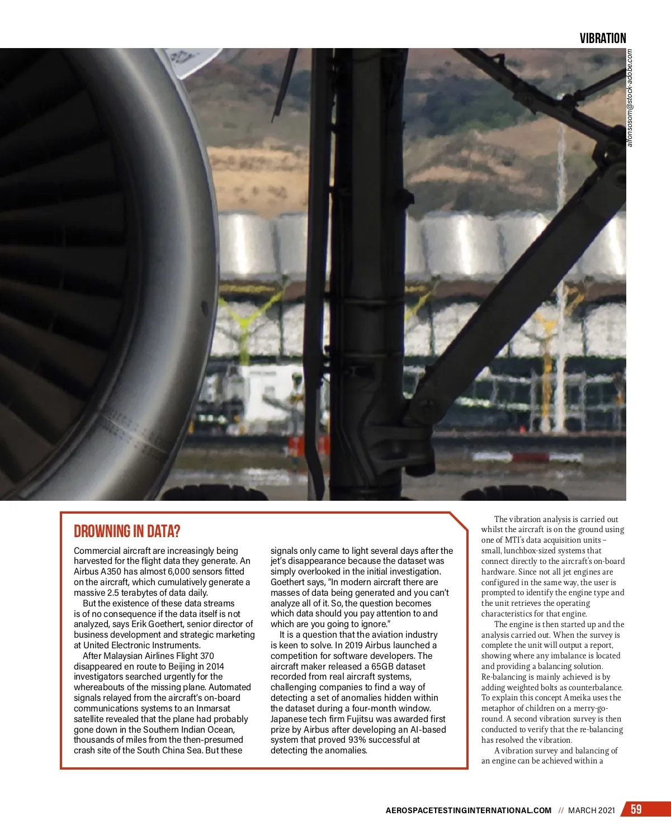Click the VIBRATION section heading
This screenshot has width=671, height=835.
coord(602,38)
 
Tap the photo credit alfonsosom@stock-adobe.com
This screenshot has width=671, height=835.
coord(630,98)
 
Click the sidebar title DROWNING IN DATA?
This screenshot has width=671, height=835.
coord(127,531)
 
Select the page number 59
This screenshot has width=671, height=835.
coord(636,809)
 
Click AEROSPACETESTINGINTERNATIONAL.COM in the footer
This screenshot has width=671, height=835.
coord(468,810)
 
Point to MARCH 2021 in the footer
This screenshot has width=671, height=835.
coord(591,810)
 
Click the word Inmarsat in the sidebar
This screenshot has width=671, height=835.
coord(212,708)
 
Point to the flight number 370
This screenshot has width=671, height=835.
coord(206,656)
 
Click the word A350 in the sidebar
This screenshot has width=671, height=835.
coord(115,571)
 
